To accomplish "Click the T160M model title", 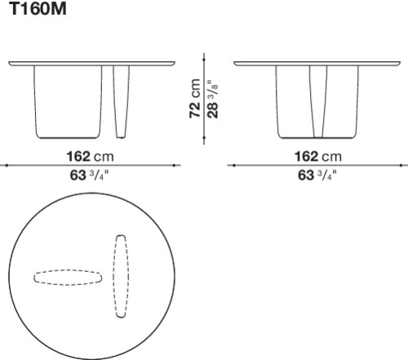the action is point(38,8).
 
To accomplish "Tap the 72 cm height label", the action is point(195,99).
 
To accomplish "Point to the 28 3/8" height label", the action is point(212,99).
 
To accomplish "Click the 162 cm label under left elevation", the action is point(90,157).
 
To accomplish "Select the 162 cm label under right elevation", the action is point(317,157).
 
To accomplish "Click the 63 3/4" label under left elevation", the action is point(90,175).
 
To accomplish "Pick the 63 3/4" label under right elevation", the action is point(317,175).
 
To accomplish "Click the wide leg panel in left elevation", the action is point(68,102).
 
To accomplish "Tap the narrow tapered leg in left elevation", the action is point(121,102).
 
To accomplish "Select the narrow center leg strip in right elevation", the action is point(318,101).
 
